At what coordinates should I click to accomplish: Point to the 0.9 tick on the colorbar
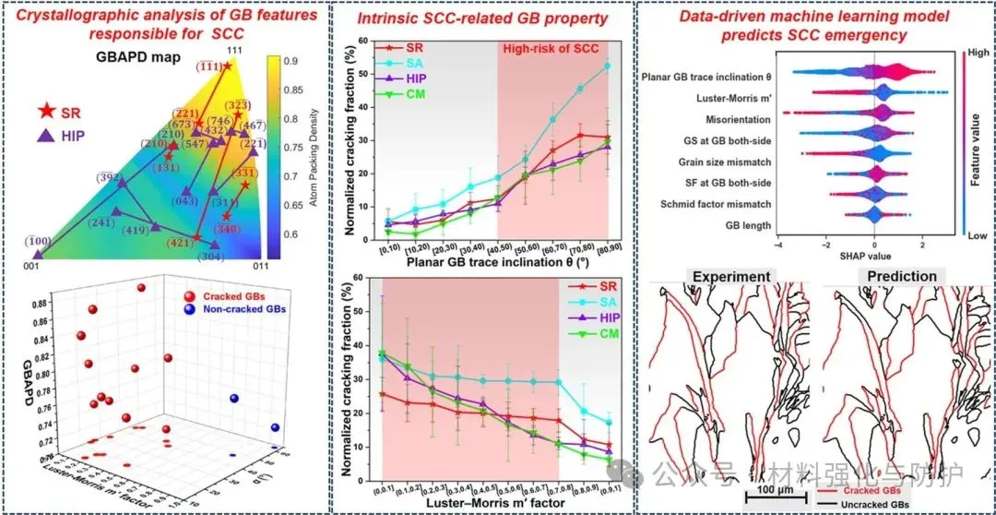[x=292, y=62]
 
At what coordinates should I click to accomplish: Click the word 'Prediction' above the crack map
[x=897, y=276]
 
